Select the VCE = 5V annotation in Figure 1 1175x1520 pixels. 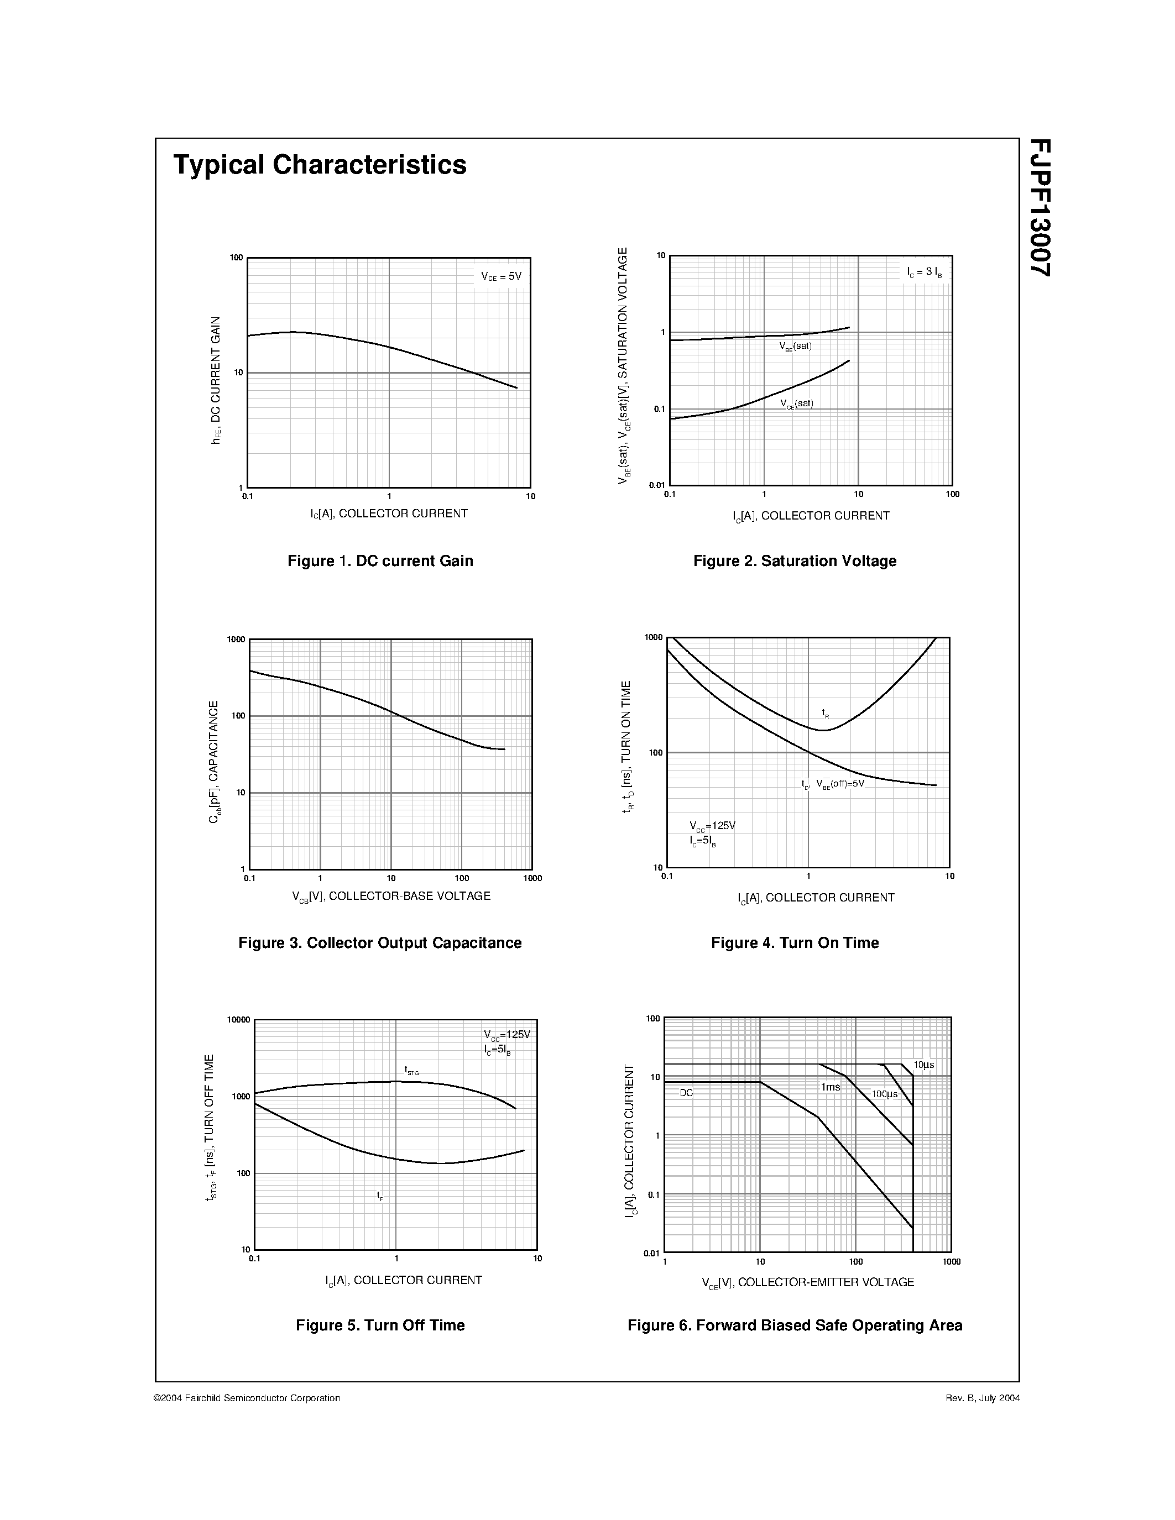tap(501, 276)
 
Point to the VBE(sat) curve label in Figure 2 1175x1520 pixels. tap(796, 347)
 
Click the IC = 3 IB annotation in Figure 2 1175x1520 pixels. tap(925, 272)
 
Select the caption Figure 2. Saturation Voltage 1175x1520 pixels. tap(795, 561)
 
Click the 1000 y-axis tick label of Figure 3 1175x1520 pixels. tap(236, 640)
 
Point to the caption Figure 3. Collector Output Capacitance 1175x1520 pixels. tap(380, 943)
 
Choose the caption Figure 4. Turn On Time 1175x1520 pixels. tap(795, 943)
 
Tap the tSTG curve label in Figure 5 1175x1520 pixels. tap(411, 1071)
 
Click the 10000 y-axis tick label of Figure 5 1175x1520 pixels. tap(238, 1020)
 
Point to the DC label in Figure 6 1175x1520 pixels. tap(686, 1093)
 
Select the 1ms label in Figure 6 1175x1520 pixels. tap(831, 1087)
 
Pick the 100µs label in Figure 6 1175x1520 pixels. tap(885, 1094)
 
